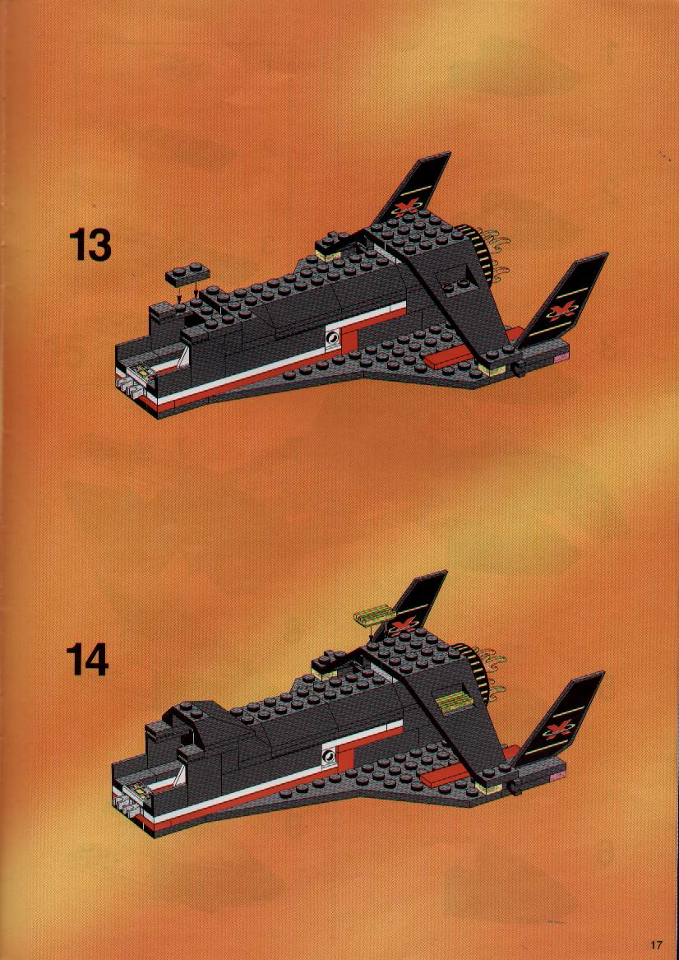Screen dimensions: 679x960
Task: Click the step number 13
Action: (x=90, y=245)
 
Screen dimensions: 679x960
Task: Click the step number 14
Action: (x=88, y=660)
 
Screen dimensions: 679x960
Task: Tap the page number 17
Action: (x=656, y=944)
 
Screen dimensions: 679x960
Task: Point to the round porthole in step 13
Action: (x=332, y=337)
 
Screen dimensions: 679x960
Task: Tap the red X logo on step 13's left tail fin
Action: (x=405, y=207)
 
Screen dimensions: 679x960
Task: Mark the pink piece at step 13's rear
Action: (x=561, y=356)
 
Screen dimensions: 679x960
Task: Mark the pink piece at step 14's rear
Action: (x=557, y=776)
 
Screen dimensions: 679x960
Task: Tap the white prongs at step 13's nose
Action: (x=127, y=385)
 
